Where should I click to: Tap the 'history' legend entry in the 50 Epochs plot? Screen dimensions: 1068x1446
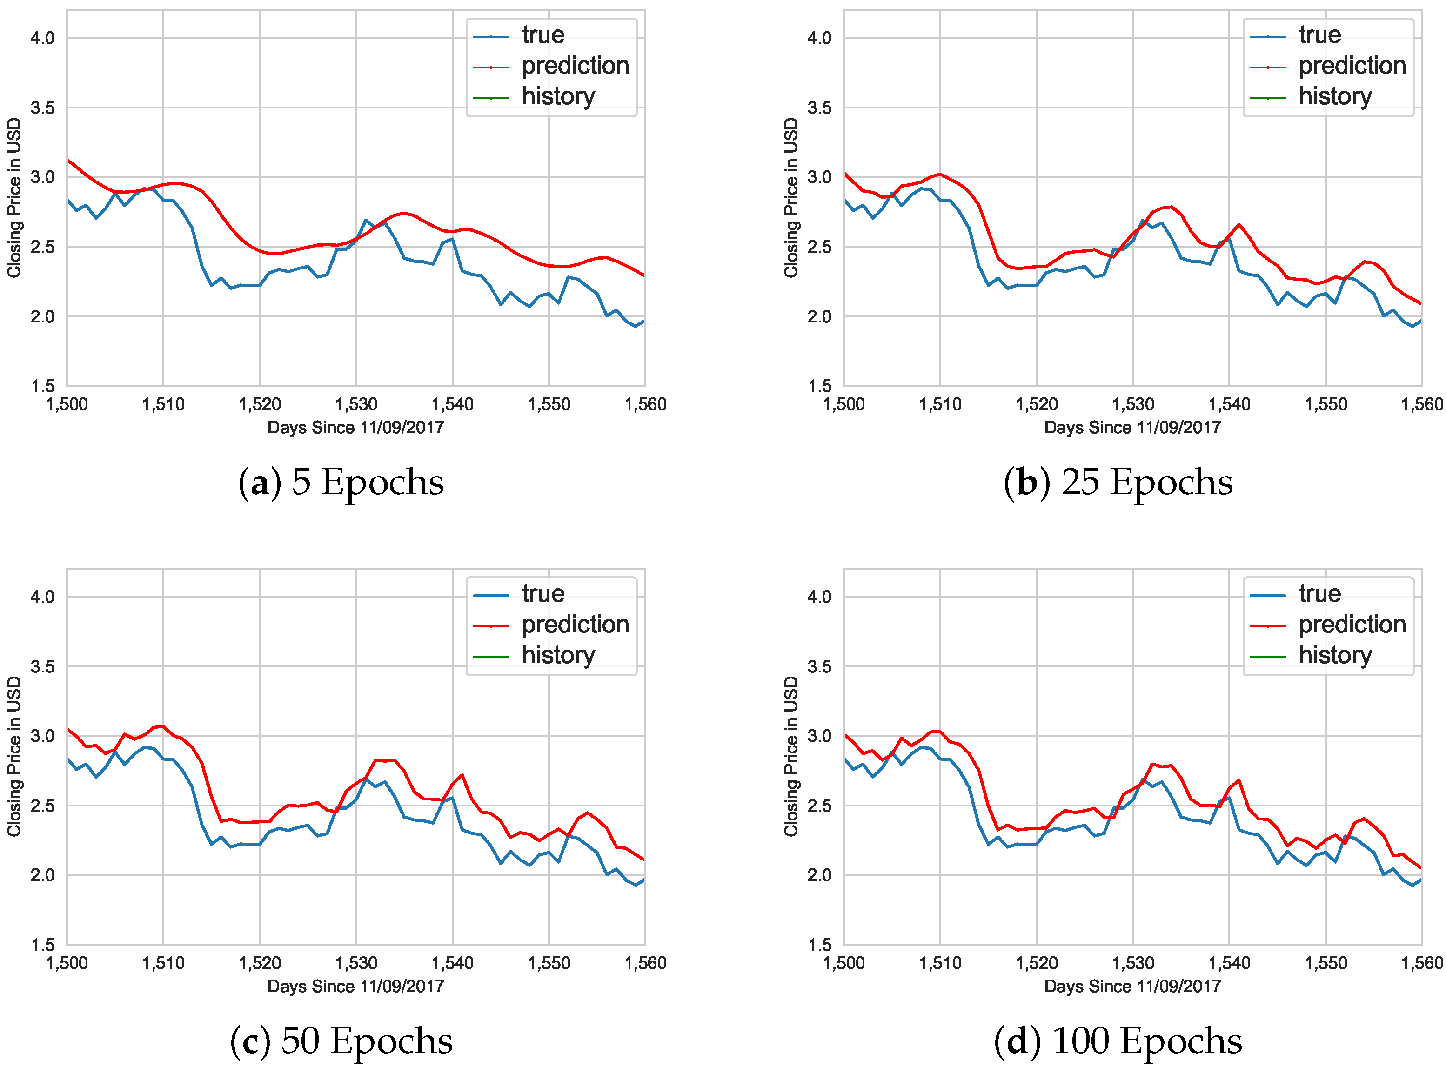click(557, 656)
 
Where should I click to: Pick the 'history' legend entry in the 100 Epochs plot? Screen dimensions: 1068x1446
click(1334, 656)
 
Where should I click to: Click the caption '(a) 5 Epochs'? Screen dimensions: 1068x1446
click(341, 482)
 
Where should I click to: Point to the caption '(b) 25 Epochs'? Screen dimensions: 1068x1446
click(1118, 482)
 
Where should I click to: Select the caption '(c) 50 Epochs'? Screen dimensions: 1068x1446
click(341, 1041)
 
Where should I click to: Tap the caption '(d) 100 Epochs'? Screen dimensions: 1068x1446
click(1118, 1041)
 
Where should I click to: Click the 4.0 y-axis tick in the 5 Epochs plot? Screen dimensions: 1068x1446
click(43, 38)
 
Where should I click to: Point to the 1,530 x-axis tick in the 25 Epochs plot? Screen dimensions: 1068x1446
click(1132, 405)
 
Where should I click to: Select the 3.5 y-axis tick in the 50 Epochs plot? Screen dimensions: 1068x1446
click(43, 666)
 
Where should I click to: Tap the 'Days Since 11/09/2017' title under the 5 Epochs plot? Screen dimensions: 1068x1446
click(355, 427)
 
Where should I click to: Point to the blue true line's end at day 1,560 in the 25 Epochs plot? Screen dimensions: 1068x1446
click(1421, 321)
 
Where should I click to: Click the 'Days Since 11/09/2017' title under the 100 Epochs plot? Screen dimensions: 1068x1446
click(1132, 987)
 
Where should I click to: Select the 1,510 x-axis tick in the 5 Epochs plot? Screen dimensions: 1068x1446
click(163, 405)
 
